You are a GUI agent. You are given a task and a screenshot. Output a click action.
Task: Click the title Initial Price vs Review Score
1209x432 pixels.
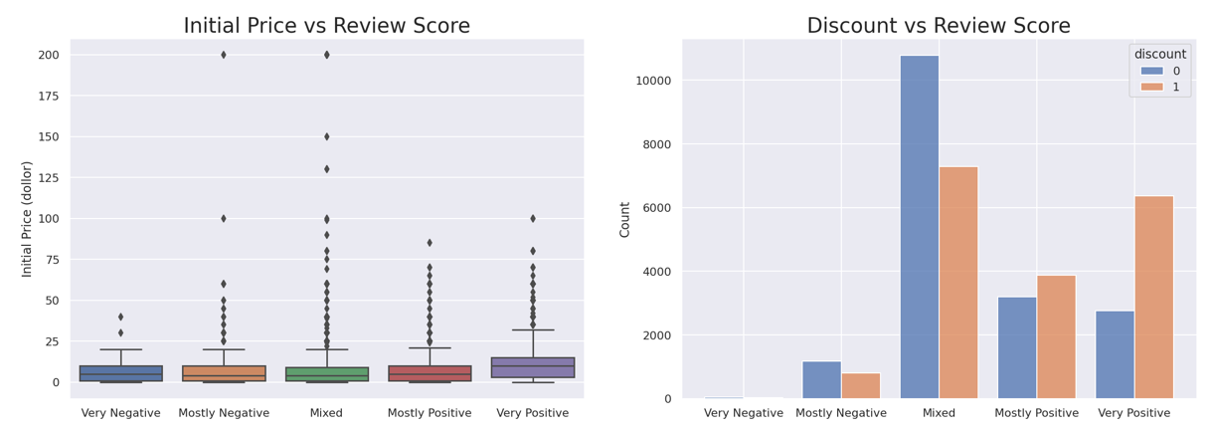pyautogui.click(x=326, y=27)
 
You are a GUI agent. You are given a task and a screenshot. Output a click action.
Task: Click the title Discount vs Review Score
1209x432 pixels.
pyautogui.click(x=939, y=27)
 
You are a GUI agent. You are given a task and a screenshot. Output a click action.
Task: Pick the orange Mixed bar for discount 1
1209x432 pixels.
pyautogui.click(x=958, y=283)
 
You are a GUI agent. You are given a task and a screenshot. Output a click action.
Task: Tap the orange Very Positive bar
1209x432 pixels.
pyautogui.click(x=1154, y=298)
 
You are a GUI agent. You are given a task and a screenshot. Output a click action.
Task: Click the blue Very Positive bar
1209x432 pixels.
pyautogui.click(x=1115, y=354)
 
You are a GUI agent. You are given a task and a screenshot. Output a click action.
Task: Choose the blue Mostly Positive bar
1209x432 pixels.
pyautogui.click(x=1017, y=347)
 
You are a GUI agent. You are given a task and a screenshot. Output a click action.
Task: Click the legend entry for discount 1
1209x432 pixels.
pyautogui.click(x=1158, y=87)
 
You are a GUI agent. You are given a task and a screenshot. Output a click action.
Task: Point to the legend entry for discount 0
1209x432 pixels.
pyautogui.click(x=1158, y=71)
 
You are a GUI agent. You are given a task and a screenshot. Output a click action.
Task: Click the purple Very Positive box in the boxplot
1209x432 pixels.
pyautogui.click(x=533, y=367)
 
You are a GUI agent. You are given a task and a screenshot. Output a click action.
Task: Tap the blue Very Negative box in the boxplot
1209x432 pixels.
pyautogui.click(x=121, y=373)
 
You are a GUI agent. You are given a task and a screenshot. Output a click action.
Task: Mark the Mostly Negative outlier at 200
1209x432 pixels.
pyautogui.click(x=224, y=55)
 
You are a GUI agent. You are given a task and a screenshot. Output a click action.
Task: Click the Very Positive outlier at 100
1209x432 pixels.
pyautogui.click(x=533, y=218)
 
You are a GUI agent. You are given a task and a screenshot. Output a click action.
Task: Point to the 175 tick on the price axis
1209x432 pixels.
pyautogui.click(x=46, y=96)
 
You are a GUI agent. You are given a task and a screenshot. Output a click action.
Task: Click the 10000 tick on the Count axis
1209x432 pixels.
pyautogui.click(x=653, y=81)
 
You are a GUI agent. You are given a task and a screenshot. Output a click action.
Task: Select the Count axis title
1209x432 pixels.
pyautogui.click(x=625, y=219)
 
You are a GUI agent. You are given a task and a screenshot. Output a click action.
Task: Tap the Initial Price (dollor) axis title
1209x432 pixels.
pyautogui.click(x=27, y=219)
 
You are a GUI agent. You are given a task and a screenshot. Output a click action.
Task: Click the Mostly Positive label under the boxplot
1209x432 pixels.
pyautogui.click(x=430, y=413)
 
